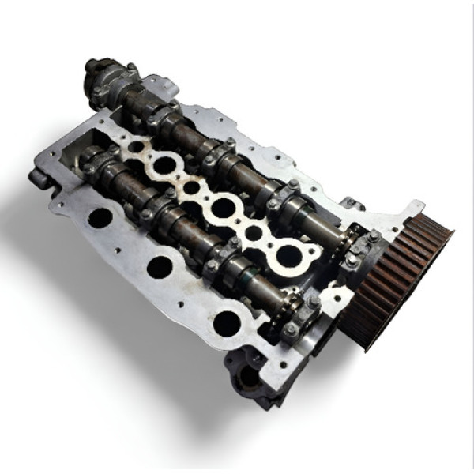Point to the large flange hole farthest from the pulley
point(100,217)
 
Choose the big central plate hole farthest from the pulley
point(164,164)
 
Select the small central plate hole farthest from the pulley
point(136,147)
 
